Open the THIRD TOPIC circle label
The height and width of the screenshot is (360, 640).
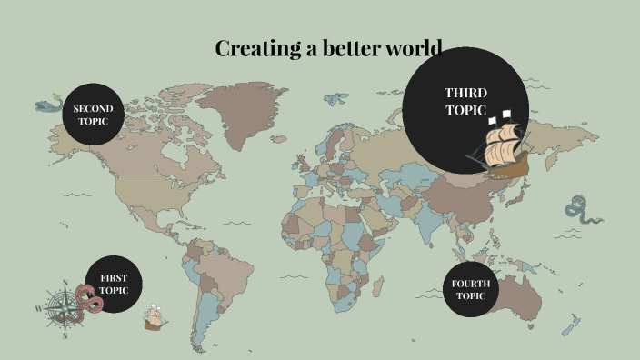[465, 101]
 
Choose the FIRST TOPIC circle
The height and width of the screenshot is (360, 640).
[114, 284]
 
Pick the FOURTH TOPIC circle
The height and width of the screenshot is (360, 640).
[471, 289]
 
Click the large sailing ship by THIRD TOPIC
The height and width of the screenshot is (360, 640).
[502, 151]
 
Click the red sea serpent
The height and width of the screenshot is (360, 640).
[88, 299]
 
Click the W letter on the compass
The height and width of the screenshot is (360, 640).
[39, 309]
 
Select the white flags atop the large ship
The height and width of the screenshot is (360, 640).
[499, 117]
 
